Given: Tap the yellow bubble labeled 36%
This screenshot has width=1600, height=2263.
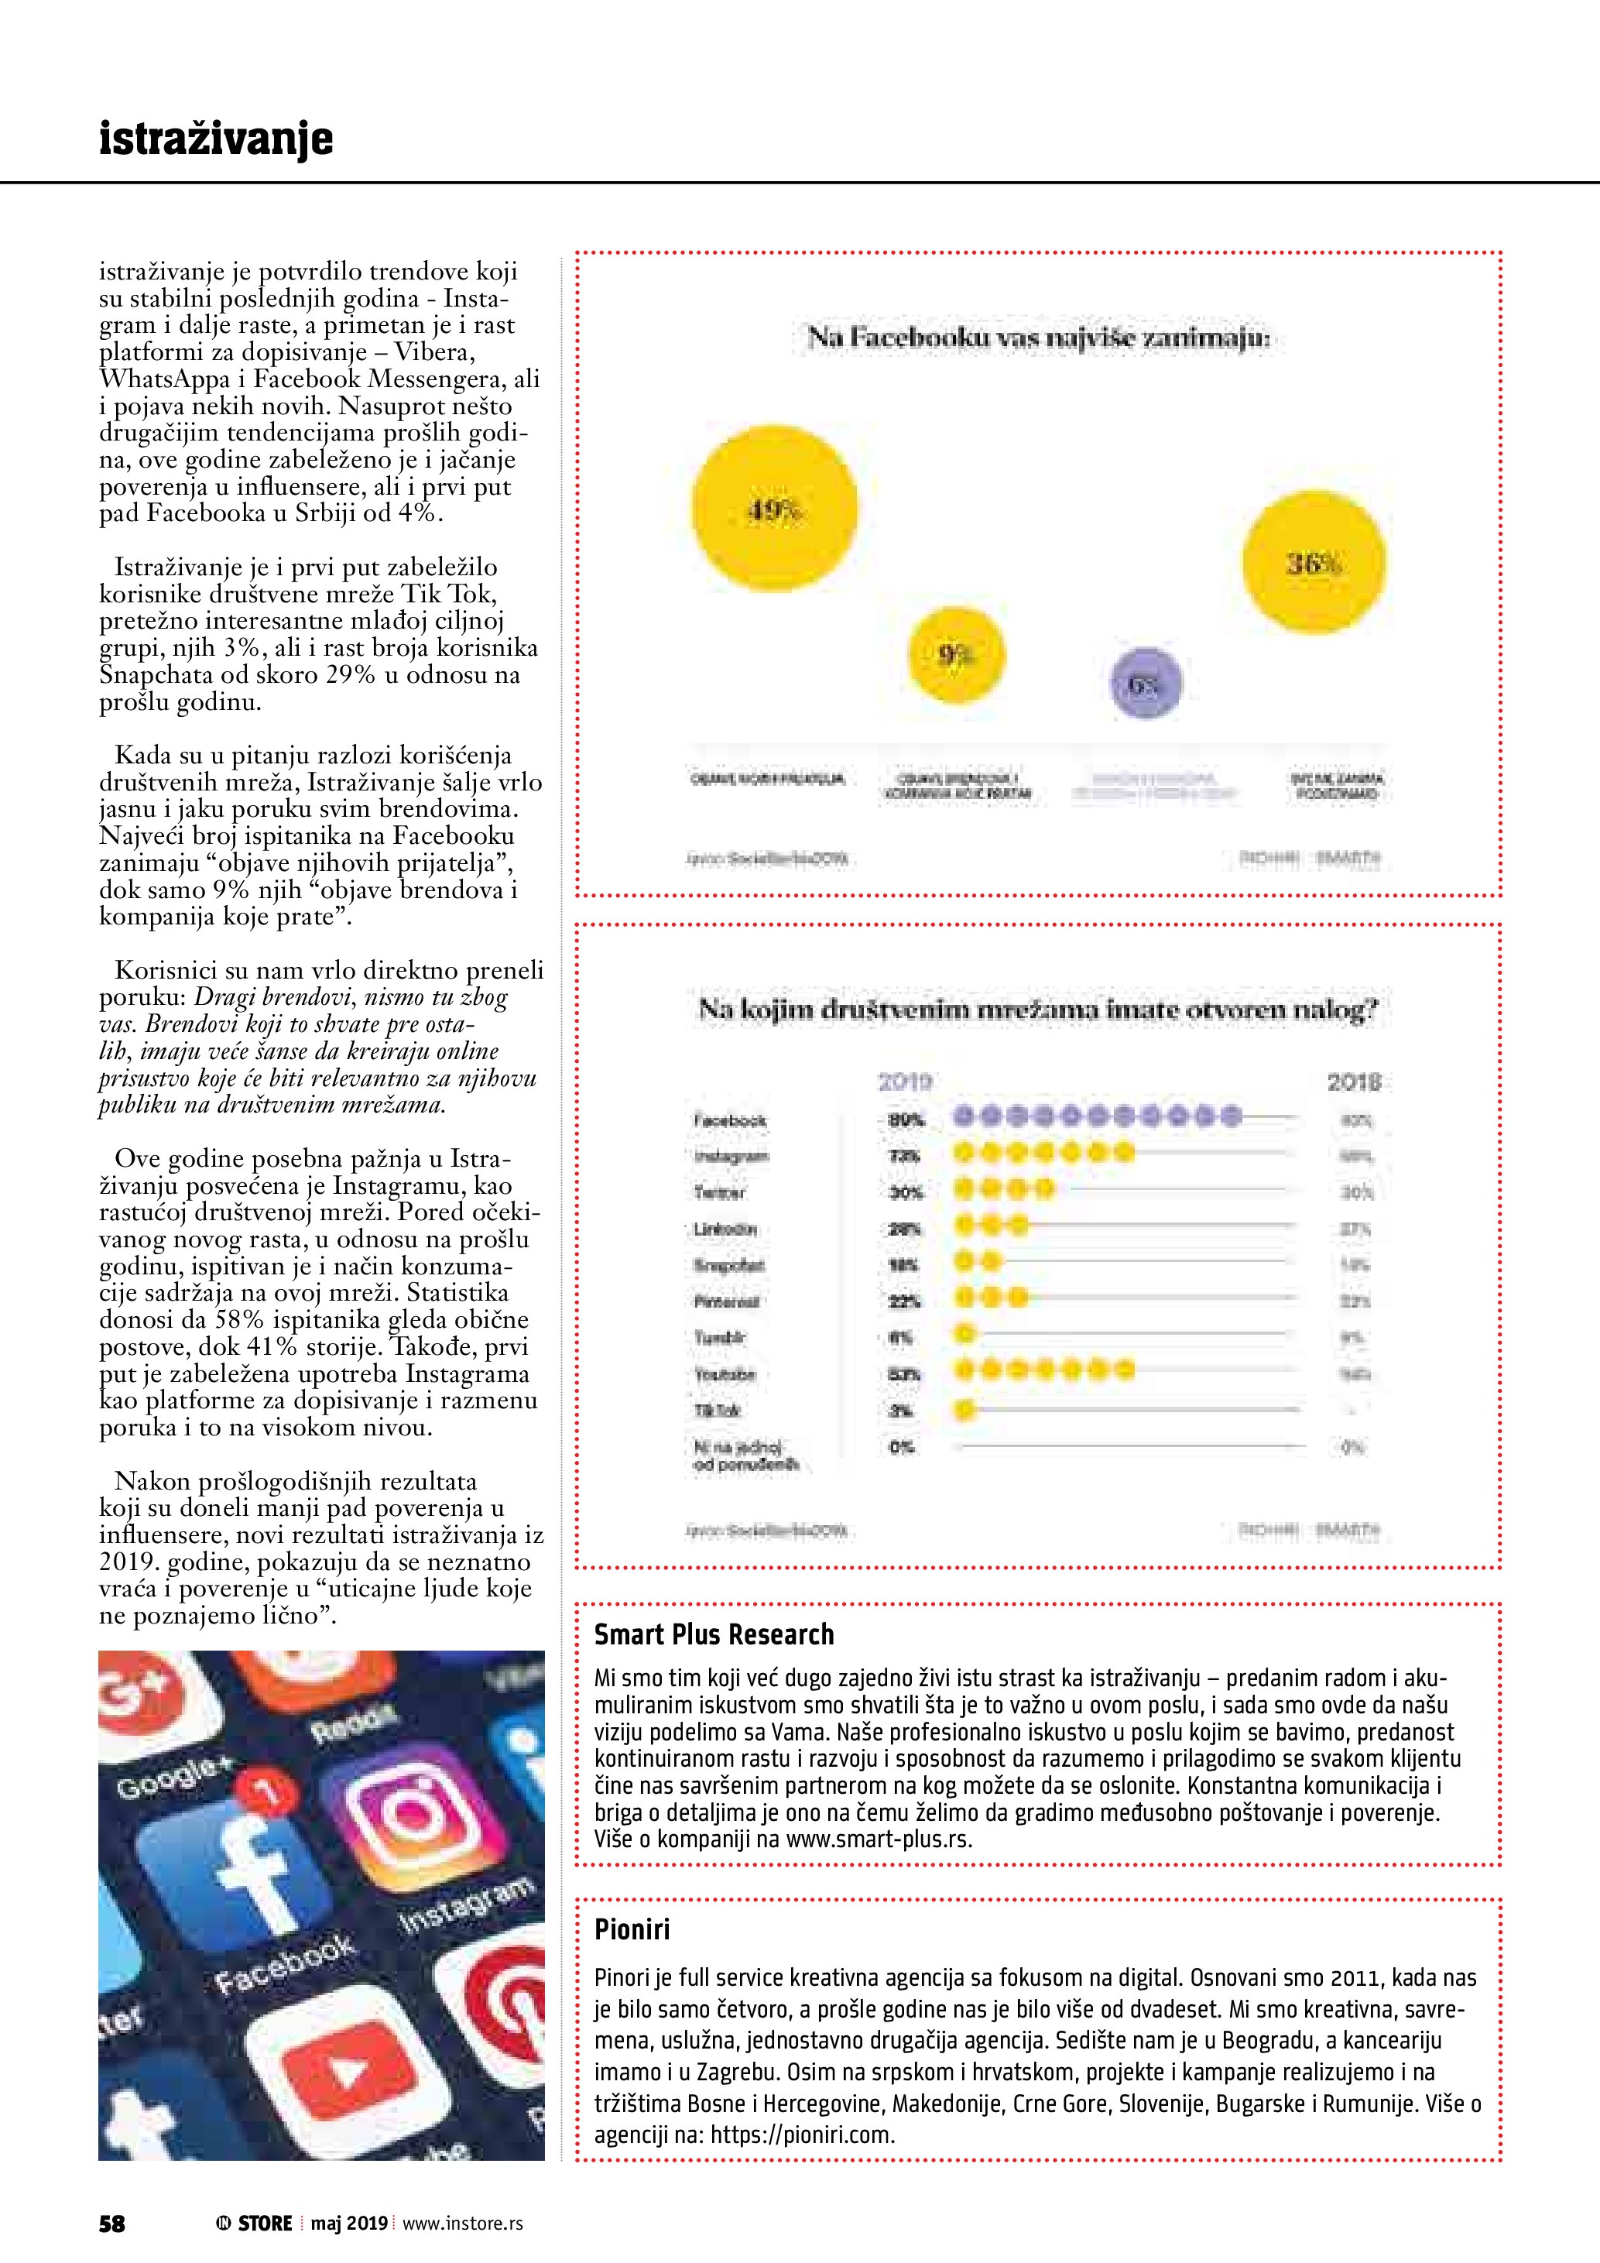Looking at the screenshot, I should [x=1314, y=562].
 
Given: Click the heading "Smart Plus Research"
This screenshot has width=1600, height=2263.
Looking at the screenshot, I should [x=713, y=1634].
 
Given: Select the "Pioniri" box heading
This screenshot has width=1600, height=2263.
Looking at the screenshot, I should [x=632, y=1929].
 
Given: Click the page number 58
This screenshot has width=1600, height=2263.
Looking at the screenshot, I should [x=112, y=2223].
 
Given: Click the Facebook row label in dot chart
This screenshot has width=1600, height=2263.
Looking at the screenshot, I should [x=730, y=1120].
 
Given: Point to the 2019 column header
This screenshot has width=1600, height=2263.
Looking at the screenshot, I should [x=904, y=1082].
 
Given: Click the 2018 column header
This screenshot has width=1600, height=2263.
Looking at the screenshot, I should [x=1353, y=1082].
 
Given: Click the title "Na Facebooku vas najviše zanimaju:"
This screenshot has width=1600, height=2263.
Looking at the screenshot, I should [x=1039, y=338].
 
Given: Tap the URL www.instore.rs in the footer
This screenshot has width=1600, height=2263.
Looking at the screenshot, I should [x=462, y=2223].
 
